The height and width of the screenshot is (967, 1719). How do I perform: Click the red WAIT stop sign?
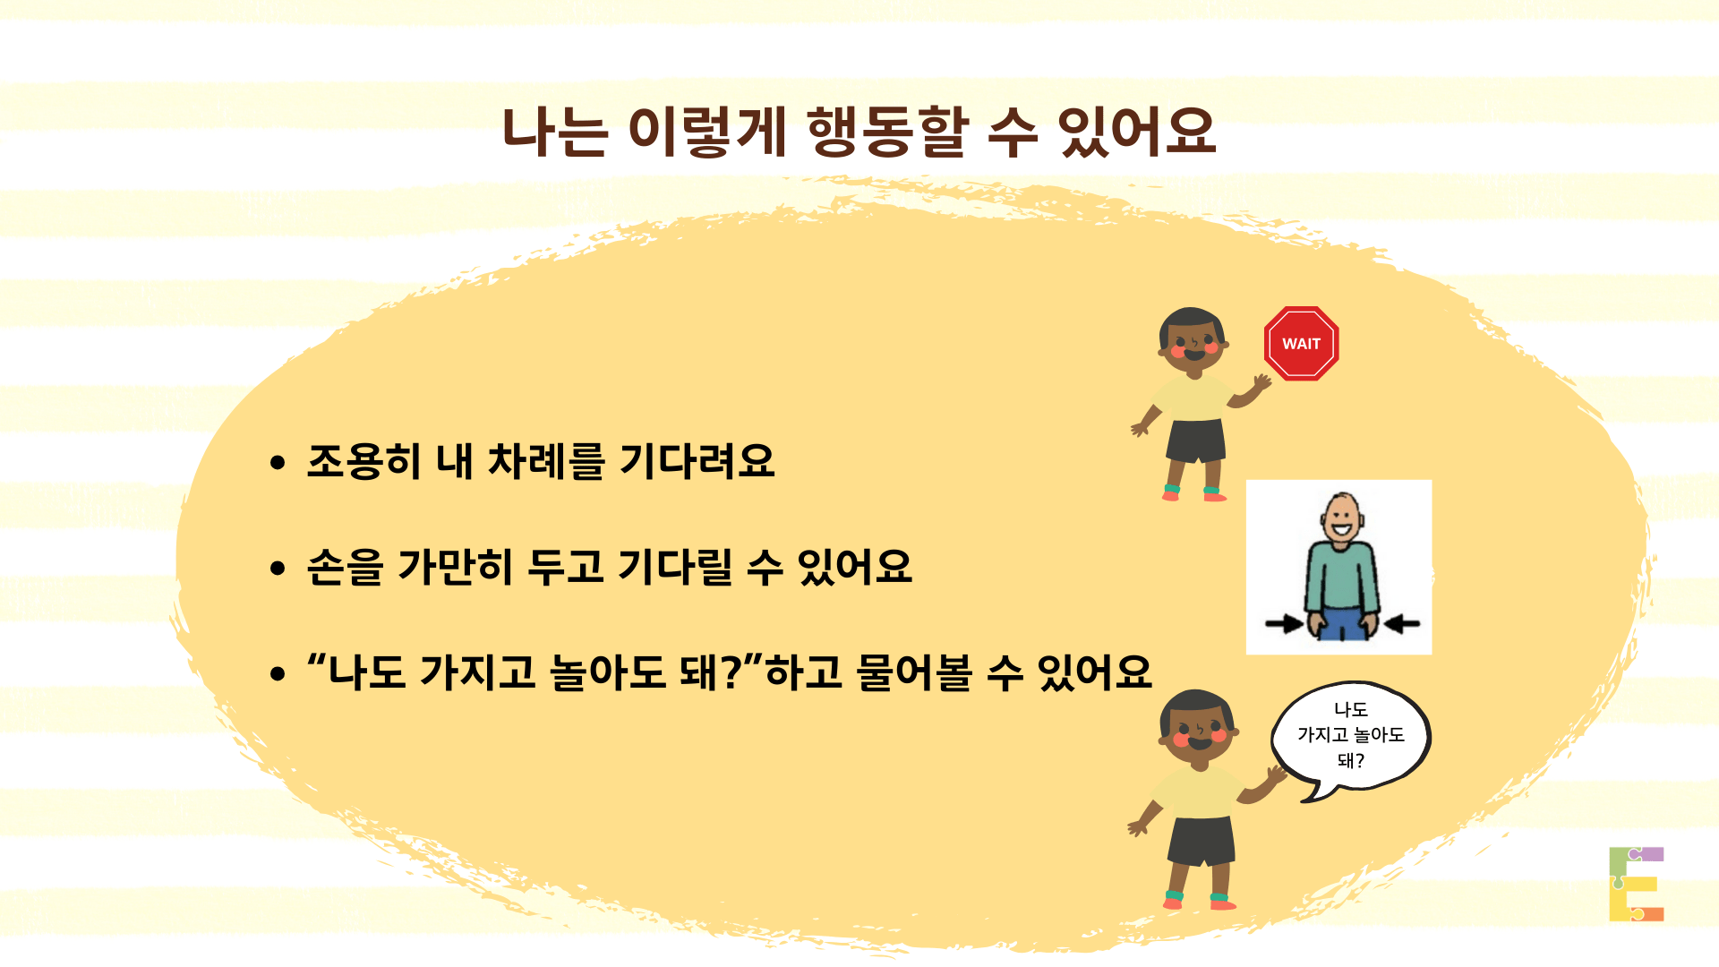[1301, 344]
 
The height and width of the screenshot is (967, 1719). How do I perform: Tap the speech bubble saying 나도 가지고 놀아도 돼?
[1350, 736]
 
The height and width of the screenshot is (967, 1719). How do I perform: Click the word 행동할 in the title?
[887, 132]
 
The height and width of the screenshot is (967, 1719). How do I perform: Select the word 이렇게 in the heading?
[706, 132]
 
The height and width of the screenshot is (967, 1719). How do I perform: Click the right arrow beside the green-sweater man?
[1402, 623]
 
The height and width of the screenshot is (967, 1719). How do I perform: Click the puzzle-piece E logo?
[1637, 884]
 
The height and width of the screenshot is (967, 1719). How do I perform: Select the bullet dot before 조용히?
[278, 463]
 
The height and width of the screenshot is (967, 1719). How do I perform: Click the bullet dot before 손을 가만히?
[278, 568]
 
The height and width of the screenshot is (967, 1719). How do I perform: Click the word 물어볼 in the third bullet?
[913, 672]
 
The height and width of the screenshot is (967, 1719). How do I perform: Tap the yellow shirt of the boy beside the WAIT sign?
[1194, 398]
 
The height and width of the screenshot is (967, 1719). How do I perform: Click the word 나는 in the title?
[555, 132]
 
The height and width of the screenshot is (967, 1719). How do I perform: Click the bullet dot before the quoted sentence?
[278, 673]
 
